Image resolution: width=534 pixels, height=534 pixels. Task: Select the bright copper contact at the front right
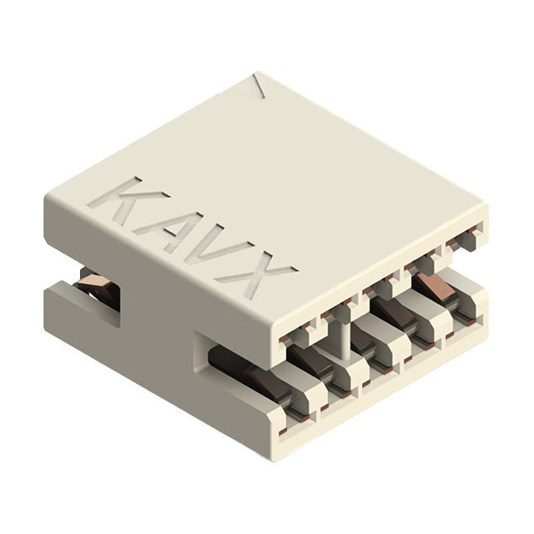[x=433, y=288]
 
